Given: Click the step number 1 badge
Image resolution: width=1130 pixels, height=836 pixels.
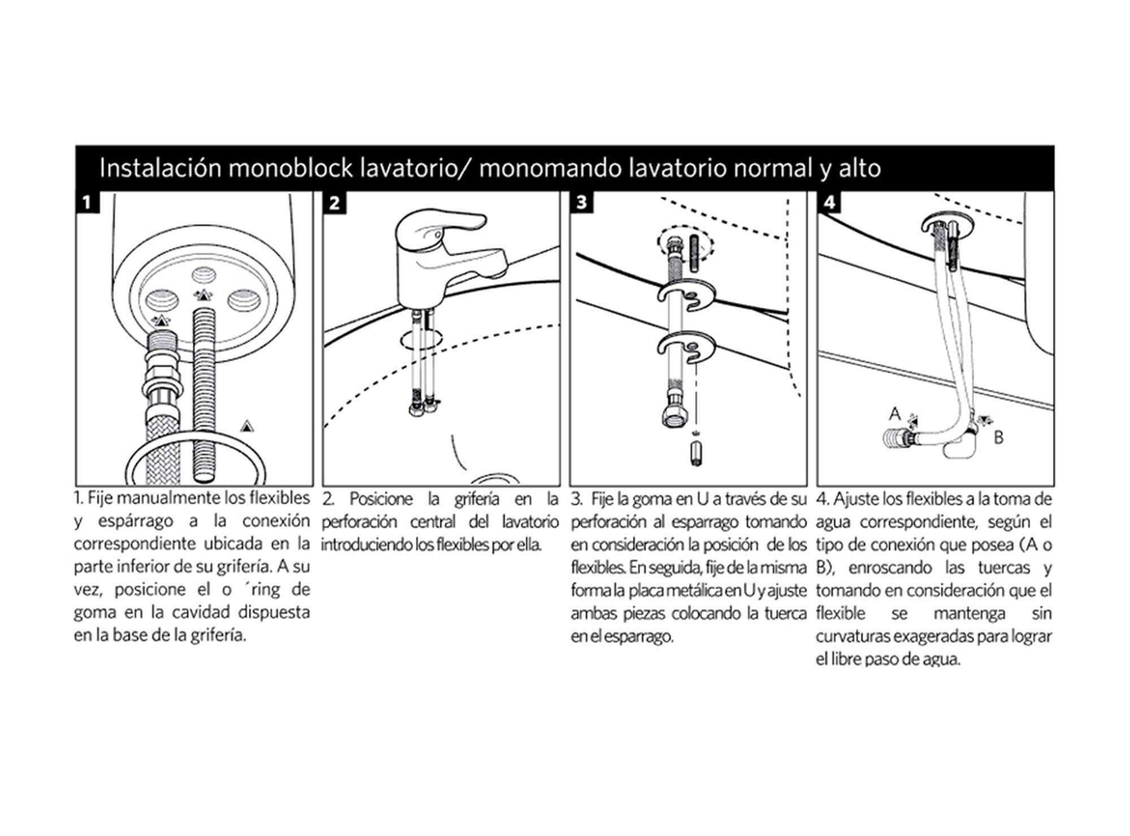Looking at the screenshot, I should pos(87,202).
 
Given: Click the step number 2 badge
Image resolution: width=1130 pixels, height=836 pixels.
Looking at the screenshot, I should pos(334,202).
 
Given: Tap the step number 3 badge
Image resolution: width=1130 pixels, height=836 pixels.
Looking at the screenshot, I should pos(582,202).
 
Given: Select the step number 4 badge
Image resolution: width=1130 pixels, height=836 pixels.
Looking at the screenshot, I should pos(829,202).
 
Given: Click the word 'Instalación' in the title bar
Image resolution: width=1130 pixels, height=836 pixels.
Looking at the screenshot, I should pos(160,169).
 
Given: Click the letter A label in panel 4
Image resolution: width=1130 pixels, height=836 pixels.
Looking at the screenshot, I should pos(894,414).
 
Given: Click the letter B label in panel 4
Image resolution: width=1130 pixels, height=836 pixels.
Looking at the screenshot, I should pos(998,438).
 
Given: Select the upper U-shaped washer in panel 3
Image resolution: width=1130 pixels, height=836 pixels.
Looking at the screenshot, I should pos(686,294).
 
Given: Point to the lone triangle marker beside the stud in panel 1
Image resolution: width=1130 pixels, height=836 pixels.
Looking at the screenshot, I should pos(246,425).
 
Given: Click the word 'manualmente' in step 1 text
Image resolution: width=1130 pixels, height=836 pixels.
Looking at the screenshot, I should pos(168,498).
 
